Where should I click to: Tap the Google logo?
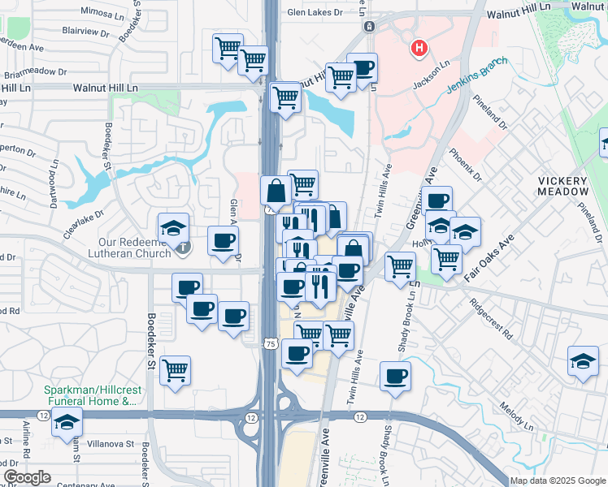[x=27, y=477]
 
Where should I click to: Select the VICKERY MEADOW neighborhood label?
[x=562, y=186]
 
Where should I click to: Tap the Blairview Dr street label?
[x=85, y=32]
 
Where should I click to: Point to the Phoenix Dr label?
[x=464, y=165]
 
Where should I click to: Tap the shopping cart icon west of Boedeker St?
[x=175, y=370]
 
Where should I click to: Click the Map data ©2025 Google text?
[x=558, y=481]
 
